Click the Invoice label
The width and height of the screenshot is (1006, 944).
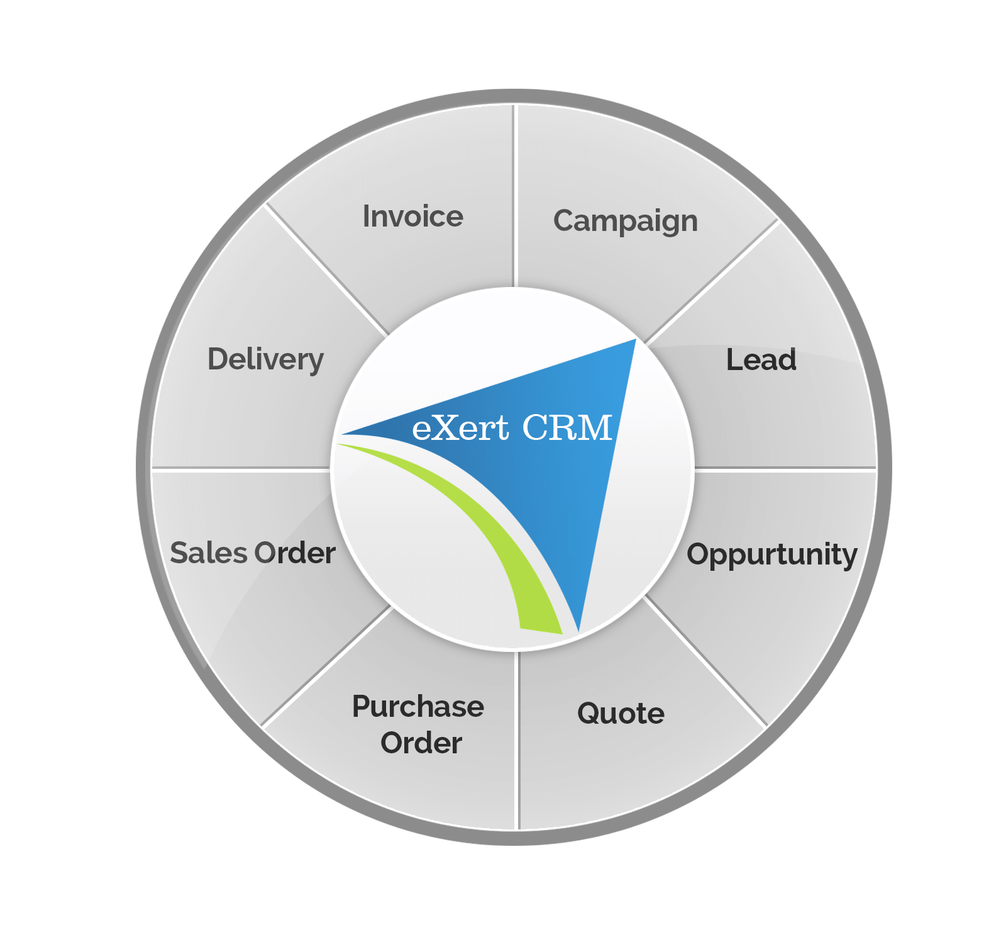pos(413,216)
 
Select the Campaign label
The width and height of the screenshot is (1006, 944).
pos(626,222)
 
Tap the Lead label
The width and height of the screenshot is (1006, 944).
pos(761,360)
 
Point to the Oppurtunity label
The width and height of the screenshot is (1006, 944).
pos(772,556)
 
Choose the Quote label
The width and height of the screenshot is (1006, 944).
pos(621,714)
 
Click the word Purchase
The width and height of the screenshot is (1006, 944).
pos(418,707)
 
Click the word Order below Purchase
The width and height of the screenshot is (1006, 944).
pos(421,743)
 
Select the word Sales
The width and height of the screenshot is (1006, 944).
pos(209,553)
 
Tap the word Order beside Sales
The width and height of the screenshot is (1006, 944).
pos(295,553)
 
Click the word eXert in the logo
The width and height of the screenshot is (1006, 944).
pos(460,429)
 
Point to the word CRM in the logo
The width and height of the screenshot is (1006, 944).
pos(567,428)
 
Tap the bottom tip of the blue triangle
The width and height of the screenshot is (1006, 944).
pos(578,632)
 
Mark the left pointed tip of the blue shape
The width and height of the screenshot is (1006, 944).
pos(341,434)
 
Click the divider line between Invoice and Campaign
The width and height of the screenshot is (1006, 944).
pos(514,196)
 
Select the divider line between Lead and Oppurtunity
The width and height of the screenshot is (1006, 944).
pos(786,468)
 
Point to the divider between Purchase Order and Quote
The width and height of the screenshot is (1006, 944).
pos(517,741)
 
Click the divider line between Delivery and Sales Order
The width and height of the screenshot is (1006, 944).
pos(241,468)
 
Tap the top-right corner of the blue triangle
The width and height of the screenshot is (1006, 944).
pos(636,339)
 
